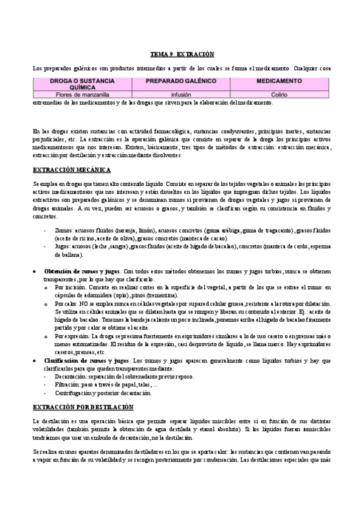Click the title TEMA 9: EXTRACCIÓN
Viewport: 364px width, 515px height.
point(182,53)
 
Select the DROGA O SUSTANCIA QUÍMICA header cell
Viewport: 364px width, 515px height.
point(78,83)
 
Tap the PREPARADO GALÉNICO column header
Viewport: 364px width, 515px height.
point(181,80)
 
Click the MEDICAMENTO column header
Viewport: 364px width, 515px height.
point(283,80)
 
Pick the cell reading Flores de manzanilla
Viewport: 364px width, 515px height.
point(79,95)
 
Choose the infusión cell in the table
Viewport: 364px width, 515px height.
point(181,95)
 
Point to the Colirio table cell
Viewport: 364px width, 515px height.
point(283,95)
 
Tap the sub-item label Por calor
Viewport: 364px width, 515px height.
point(66,302)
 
